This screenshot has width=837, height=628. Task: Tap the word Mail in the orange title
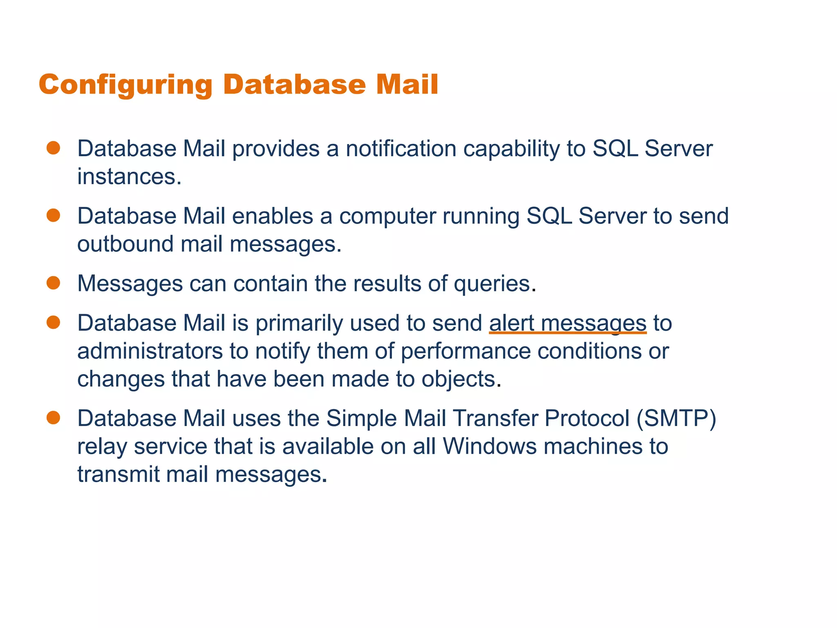tap(407, 85)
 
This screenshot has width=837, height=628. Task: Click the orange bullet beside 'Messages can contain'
tap(54, 283)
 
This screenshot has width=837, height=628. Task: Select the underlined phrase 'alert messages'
tap(567, 323)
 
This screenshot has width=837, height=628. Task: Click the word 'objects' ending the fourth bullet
tap(458, 379)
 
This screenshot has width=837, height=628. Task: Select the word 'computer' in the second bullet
tap(387, 216)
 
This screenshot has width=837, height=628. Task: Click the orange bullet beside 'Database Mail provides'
tap(54, 148)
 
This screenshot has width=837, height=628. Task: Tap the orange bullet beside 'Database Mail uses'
tap(54, 418)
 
